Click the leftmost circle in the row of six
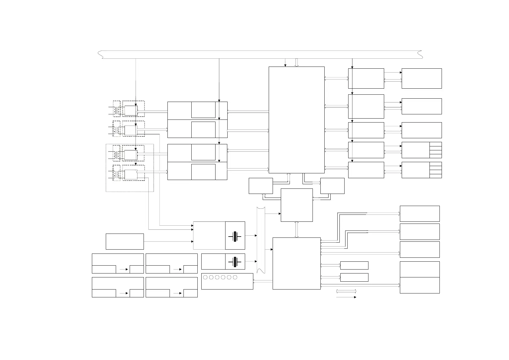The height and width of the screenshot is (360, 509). click(205, 277)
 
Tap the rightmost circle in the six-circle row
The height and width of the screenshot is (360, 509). click(235, 277)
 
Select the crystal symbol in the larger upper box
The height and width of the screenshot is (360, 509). click(235, 237)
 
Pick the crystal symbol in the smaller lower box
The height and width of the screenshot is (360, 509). click(235, 262)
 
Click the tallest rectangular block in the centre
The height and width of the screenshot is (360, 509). click(297, 120)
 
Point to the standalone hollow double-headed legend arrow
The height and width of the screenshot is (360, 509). click(346, 291)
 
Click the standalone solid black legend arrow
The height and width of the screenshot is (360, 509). click(346, 297)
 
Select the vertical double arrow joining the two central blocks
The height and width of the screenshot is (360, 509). click(297, 230)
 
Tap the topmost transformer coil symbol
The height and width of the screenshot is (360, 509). click(114, 111)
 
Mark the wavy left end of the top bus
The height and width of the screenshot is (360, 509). click(100, 55)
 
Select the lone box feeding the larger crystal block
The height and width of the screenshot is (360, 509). click(125, 241)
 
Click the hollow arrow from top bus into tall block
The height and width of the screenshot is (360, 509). click(297, 62)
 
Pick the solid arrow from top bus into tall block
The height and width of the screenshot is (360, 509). click(285, 63)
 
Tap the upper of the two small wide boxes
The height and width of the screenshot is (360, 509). click(354, 265)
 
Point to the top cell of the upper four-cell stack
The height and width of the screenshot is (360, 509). click(436, 144)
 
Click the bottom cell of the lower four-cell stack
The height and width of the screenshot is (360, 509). click(436, 176)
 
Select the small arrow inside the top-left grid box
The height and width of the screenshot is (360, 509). click(124, 269)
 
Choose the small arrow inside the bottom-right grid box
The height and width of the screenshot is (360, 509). click(178, 293)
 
